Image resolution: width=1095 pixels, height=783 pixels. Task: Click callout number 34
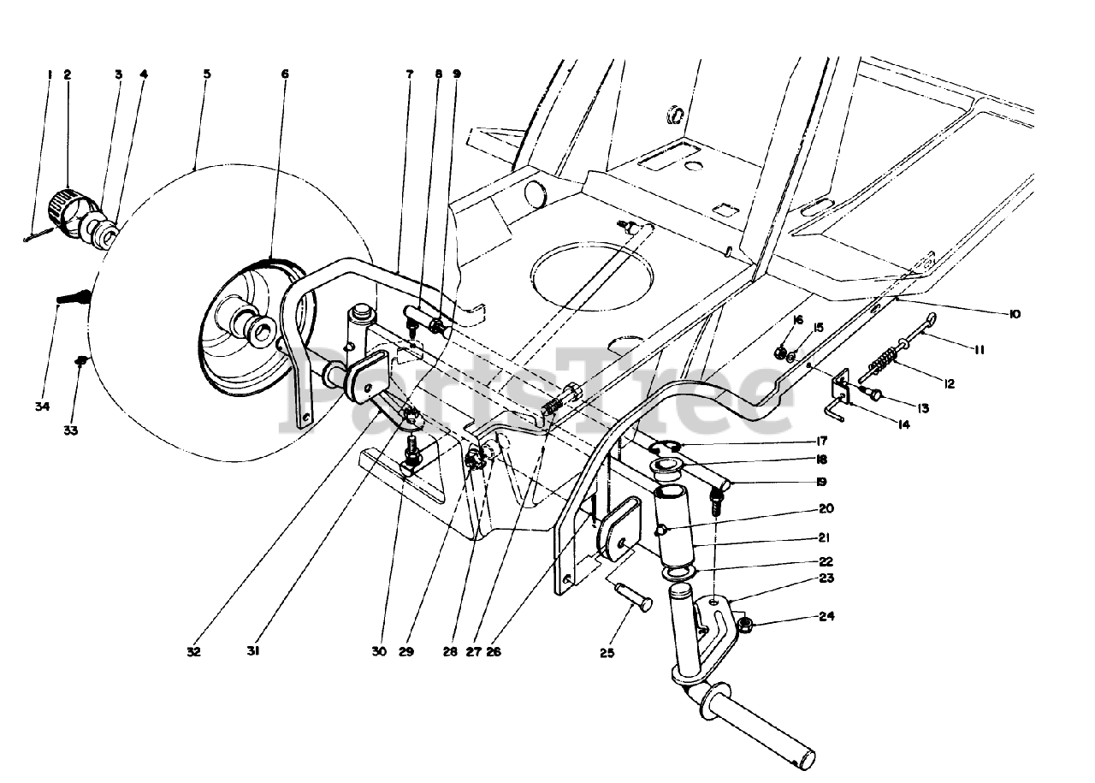[x=43, y=406]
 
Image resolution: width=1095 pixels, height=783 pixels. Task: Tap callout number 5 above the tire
[x=206, y=74]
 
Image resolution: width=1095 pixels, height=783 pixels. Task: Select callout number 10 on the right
[x=1014, y=315]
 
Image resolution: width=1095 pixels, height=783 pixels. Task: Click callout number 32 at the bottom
[x=193, y=651]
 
